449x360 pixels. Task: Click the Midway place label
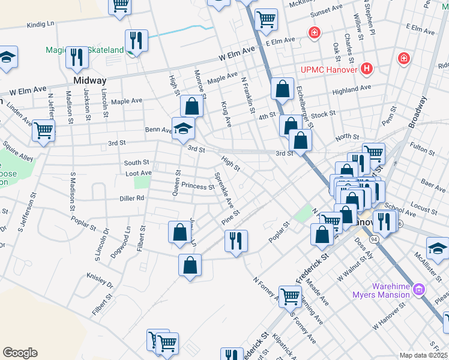pos(89,80)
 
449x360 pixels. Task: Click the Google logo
pos(20,353)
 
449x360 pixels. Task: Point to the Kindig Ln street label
pos(41,25)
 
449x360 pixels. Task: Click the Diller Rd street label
pos(132,197)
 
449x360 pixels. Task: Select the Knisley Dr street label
pos(100,280)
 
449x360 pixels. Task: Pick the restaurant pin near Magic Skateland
pos(137,41)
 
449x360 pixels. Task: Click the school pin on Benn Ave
pos(182,128)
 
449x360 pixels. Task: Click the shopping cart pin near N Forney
pos(291,295)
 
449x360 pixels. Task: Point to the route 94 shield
pos(374,239)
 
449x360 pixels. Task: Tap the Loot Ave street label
pos(138,173)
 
